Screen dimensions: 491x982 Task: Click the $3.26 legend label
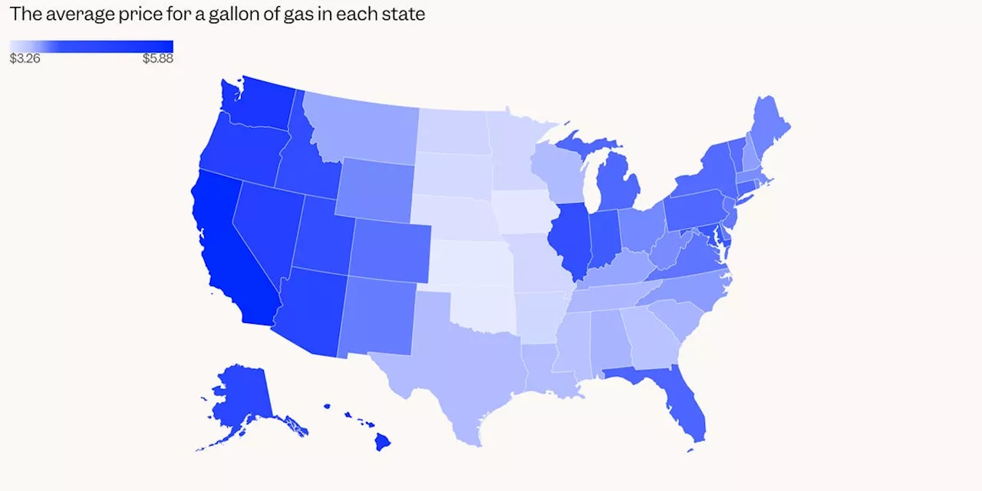click(x=25, y=58)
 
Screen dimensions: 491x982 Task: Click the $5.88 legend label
click(x=157, y=58)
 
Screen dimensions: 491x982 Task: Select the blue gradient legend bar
click(x=91, y=46)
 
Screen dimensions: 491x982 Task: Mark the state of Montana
click(x=361, y=130)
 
